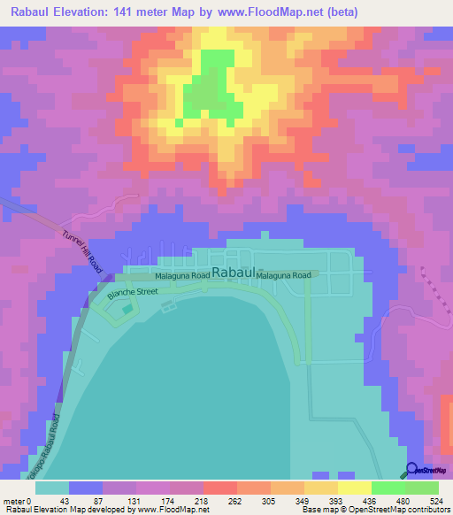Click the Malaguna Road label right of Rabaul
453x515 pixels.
click(x=284, y=276)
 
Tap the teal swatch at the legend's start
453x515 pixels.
click(x=51, y=488)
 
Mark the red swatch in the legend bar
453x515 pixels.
click(x=219, y=488)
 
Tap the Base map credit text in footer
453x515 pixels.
click(x=320, y=510)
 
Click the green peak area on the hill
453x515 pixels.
click(x=212, y=88)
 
